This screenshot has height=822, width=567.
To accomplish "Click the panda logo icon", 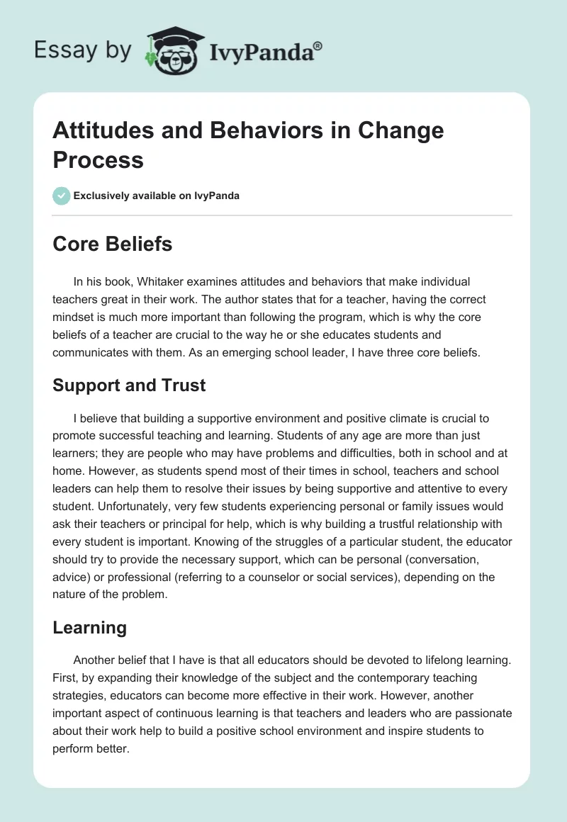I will pos(170,50).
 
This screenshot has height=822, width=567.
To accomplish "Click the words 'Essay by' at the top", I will pos(84,50).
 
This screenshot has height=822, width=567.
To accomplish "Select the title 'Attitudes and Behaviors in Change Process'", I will pos(248,145).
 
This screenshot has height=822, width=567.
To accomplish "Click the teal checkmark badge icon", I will pos(62,196).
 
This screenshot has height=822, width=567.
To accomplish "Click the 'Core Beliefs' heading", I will pos(113,244).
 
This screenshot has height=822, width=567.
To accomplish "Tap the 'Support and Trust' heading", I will pos(129,385).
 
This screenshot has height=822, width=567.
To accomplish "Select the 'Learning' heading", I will pos(90,627).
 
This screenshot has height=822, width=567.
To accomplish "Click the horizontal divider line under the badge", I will pos(282,215).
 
